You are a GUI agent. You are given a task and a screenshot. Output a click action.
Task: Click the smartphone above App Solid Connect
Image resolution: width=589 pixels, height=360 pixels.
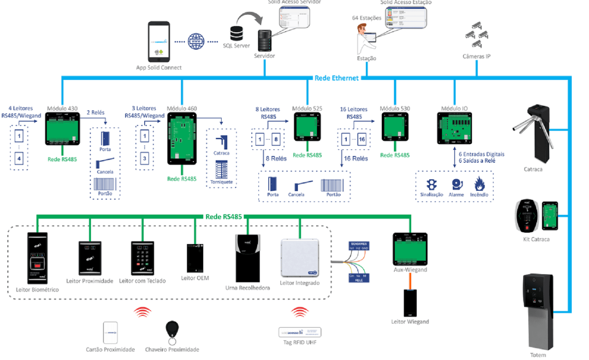coord(159,42)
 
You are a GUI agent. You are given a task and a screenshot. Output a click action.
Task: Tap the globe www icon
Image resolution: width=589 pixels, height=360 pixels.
coord(196,42)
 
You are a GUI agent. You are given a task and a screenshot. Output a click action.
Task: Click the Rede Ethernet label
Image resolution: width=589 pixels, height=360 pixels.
coord(336,78)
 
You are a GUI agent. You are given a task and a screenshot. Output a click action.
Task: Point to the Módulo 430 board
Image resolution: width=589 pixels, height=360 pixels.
coord(62,129)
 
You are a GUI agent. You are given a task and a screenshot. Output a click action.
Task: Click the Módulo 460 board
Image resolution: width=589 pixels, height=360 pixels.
coord(182,138)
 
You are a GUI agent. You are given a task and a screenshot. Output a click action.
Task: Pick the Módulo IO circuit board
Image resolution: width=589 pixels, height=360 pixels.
coord(454,128)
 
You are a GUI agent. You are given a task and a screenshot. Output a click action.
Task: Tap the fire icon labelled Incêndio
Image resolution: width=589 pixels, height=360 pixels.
coord(479,184)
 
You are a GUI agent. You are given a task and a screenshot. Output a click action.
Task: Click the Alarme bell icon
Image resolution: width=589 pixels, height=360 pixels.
coord(456,184)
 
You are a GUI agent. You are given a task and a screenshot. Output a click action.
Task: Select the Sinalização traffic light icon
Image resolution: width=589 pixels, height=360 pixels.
coord(431,184)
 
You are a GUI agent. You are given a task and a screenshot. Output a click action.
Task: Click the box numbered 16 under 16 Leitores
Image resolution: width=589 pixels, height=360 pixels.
coord(362,140)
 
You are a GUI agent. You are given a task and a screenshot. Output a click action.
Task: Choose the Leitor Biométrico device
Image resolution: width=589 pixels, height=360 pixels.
coord(38,258)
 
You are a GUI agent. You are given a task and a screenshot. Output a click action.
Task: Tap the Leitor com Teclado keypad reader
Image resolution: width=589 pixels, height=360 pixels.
coord(142,258)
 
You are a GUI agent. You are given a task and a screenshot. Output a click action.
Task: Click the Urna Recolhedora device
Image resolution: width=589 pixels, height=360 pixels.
coord(248,258)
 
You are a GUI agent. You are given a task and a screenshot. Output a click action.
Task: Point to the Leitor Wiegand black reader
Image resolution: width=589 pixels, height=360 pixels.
coord(410,303)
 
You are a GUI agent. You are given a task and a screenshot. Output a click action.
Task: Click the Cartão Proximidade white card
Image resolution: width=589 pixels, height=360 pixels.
coord(110,333)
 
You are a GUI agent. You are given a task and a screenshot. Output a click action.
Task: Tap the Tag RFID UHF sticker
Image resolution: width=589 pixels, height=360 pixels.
coord(300,332)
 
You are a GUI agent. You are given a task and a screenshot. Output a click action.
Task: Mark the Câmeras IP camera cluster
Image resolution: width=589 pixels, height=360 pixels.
coord(477,35)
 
